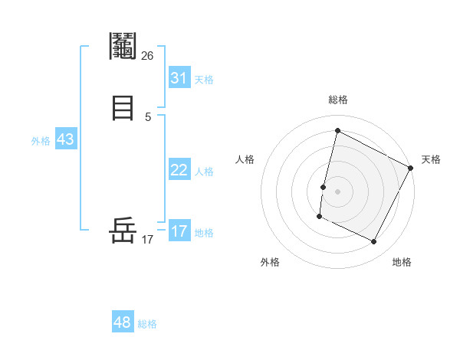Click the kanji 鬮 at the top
point(123,47)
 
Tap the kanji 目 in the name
point(123,108)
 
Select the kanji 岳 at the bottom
point(123,231)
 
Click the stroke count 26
point(147,55)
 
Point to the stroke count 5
point(147,116)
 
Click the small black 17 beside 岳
point(147,239)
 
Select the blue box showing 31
point(179,78)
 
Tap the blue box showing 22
point(179,170)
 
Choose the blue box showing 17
point(179,231)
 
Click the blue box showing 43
point(65,139)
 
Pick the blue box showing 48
point(123,322)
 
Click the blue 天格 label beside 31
point(204,80)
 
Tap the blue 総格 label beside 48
point(147,324)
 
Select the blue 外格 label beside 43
point(41,141)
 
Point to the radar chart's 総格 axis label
point(338,100)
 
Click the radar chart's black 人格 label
point(245,159)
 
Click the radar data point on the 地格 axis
point(374,242)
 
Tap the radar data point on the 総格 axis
point(337,131)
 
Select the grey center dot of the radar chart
point(338,191)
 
